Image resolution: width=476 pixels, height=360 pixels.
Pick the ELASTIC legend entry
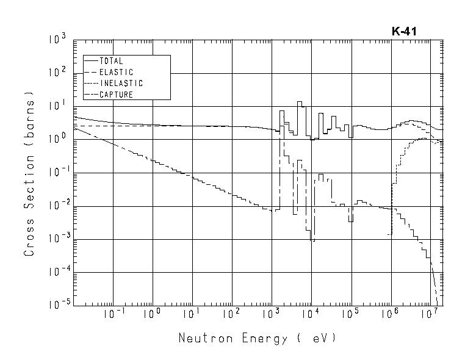[115, 72]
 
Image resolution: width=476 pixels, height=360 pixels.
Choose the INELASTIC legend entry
[120, 83]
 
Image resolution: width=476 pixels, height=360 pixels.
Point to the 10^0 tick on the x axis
[151, 315]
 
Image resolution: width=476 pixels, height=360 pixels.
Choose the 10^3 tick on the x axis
[270, 315]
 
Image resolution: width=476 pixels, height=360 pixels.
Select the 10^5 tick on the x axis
[350, 315]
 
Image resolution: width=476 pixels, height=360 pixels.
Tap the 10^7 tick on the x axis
[430, 315]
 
